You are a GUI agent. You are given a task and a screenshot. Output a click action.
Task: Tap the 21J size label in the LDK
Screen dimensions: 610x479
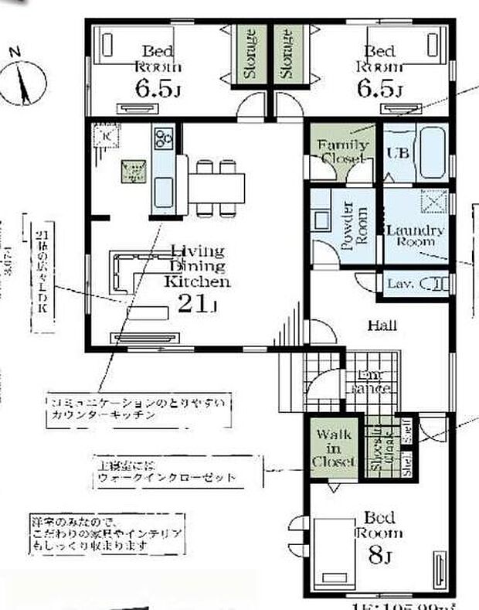[x=197, y=305]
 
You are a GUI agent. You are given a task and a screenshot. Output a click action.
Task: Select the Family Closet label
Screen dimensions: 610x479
[x=343, y=151]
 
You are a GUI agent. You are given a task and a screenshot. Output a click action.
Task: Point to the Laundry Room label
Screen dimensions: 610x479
[x=416, y=235]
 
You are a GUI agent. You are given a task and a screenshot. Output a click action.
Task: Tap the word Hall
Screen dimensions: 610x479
[x=382, y=325]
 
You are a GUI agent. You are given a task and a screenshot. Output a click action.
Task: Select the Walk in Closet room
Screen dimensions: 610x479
[x=332, y=448]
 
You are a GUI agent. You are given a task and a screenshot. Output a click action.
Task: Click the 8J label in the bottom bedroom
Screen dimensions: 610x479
[x=379, y=554]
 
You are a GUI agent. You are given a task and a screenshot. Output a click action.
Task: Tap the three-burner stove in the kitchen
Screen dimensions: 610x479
[x=163, y=138]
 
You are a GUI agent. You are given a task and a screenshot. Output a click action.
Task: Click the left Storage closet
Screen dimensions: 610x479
[x=250, y=53]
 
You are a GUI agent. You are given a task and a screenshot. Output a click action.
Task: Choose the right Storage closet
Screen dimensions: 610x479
[x=287, y=53]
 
